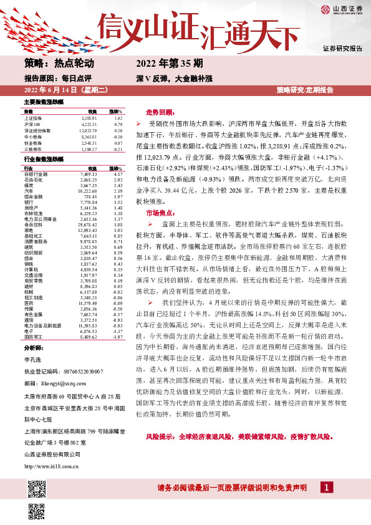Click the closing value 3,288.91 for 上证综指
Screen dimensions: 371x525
coord(90,118)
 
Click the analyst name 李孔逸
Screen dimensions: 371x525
coord(32,378)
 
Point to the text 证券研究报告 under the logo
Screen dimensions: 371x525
coord(342,49)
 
